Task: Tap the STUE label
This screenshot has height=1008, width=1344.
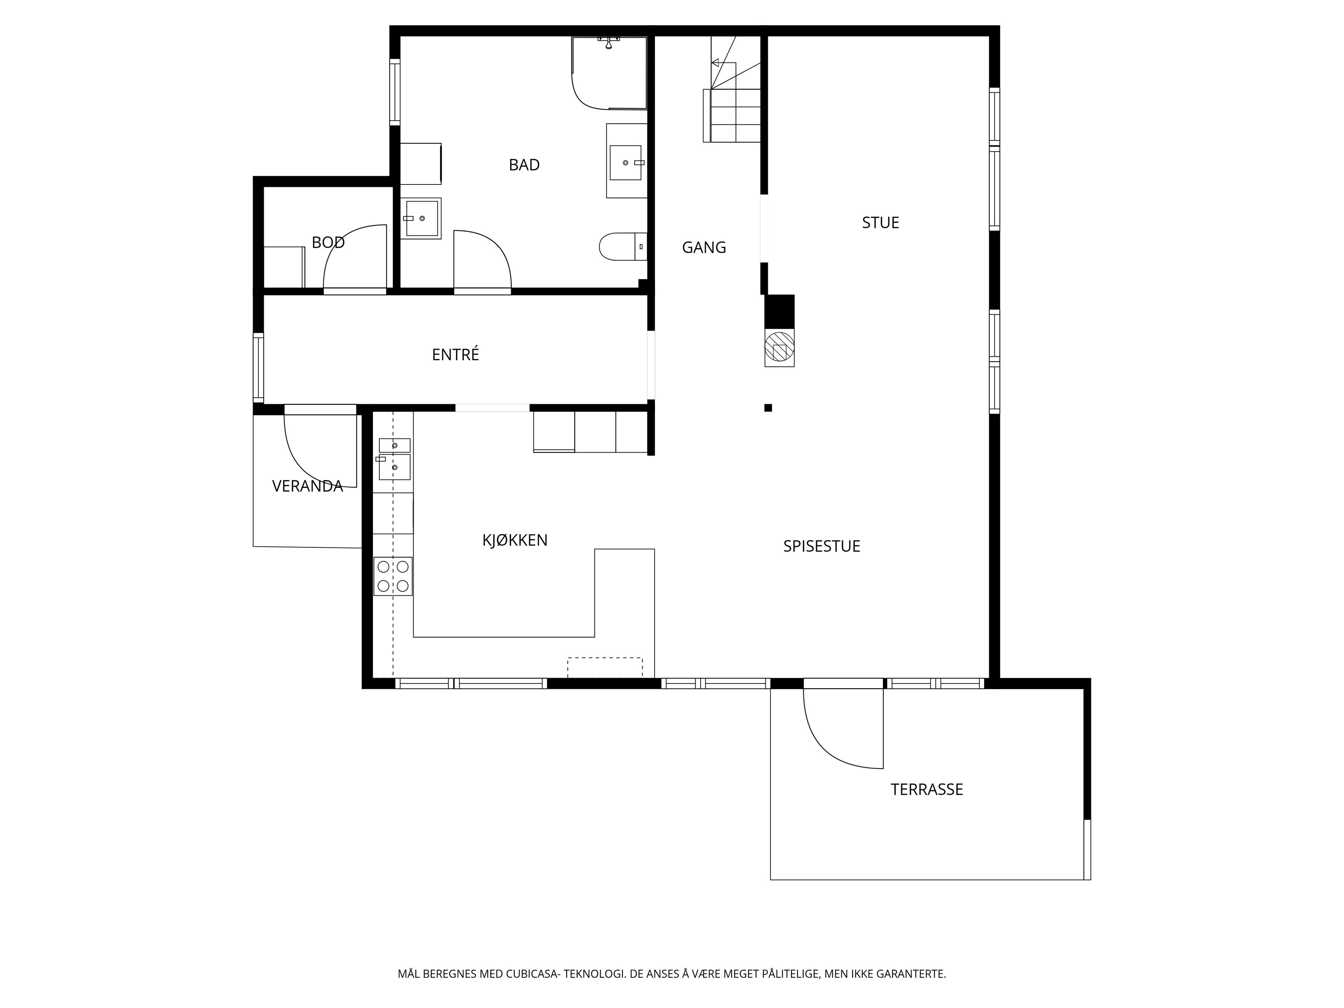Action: [x=880, y=222]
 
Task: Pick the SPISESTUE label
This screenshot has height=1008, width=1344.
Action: [x=821, y=546]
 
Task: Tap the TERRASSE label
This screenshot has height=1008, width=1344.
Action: [x=926, y=789]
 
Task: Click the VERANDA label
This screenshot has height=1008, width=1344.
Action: [x=307, y=486]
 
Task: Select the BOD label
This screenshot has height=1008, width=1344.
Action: [x=328, y=243]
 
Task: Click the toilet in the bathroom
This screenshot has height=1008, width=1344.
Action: [x=623, y=247]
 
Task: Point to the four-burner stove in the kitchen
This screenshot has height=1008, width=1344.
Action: [x=392, y=576]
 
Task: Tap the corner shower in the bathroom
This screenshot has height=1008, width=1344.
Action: [x=609, y=73]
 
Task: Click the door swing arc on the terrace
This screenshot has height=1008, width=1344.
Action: [x=832, y=744]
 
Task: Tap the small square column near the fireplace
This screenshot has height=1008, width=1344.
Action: [x=768, y=408]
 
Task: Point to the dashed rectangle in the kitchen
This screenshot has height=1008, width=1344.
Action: [x=604, y=667]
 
